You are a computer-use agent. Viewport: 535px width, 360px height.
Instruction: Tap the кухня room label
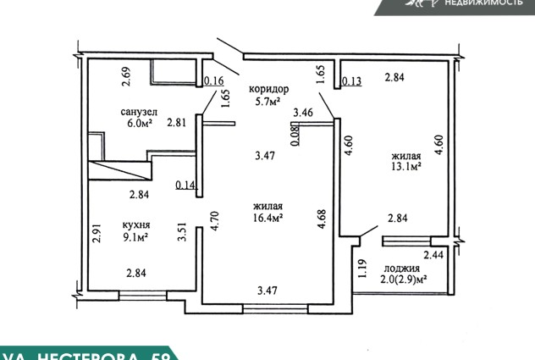[137, 224]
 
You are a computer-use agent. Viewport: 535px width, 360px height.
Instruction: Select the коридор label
[268, 89]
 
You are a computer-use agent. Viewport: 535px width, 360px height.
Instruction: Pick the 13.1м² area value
[406, 167]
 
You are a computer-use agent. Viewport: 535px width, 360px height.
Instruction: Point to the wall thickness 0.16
[214, 81]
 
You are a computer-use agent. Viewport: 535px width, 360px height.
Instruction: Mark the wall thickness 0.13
[352, 81]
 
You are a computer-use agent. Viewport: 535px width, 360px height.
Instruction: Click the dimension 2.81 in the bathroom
[176, 122]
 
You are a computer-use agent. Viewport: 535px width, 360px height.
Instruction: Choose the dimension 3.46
[302, 112]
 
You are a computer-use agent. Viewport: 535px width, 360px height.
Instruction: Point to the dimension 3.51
[180, 232]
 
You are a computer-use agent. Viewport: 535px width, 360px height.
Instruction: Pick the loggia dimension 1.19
[361, 269]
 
